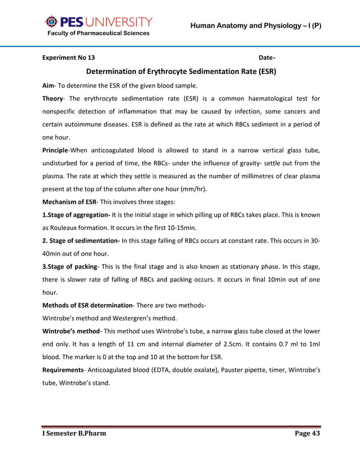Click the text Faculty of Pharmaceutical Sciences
[98, 33]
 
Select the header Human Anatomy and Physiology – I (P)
[256, 25]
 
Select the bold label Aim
[48, 86]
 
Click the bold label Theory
[55, 99]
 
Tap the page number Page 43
[307, 434]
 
